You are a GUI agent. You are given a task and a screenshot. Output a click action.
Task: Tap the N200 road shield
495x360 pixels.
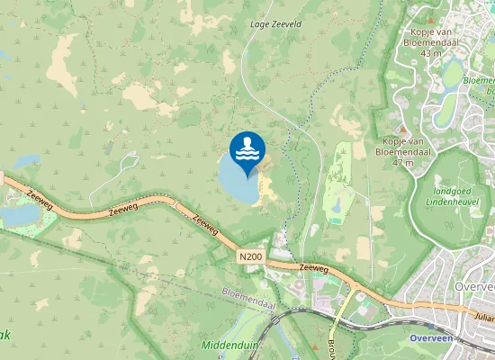point(251,257)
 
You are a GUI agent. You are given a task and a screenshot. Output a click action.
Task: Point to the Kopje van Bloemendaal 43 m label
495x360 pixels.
point(423,43)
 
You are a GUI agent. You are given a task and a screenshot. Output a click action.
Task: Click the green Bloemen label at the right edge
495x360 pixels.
point(478,80)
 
